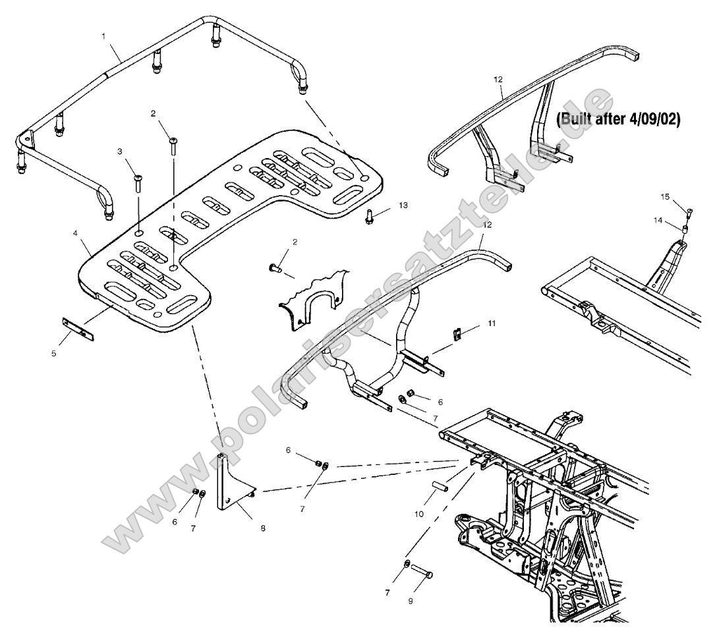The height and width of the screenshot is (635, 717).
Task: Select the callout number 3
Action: [x=120, y=152]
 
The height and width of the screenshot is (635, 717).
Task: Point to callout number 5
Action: [x=54, y=353]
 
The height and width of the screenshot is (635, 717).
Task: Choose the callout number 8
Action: [x=263, y=528]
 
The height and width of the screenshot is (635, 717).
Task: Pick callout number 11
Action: [x=490, y=323]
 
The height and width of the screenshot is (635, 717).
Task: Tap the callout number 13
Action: [x=403, y=206]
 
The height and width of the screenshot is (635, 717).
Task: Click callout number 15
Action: [x=665, y=196]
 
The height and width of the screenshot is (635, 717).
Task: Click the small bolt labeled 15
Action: [x=689, y=212]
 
